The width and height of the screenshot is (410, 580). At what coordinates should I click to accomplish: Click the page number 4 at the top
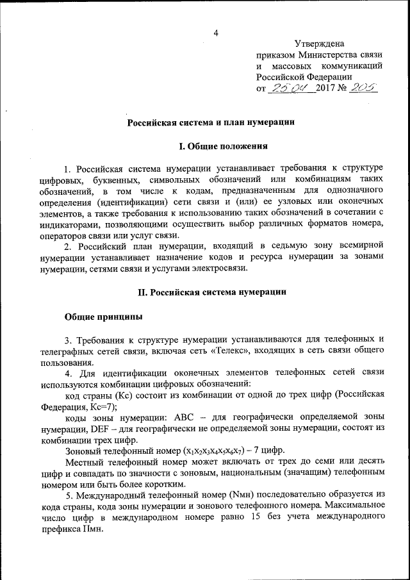tap(216, 33)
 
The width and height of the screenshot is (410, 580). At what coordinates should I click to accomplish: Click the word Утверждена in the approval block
tap(318, 43)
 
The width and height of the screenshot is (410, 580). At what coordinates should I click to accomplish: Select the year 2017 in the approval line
tap(326, 89)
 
